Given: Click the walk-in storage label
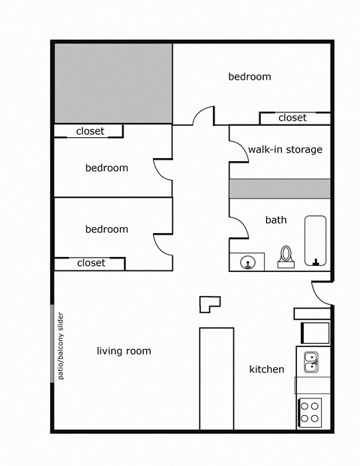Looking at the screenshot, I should coord(285,149).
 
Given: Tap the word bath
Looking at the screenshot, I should coord(276,220).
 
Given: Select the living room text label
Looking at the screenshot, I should coord(124,351).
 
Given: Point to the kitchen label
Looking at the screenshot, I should coord(266,369).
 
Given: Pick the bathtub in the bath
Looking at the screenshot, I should coord(316,240).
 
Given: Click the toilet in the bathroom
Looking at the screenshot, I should coord(286,256).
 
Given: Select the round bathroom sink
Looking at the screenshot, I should coord(247,262).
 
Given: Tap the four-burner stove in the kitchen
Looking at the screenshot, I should coord(310,412).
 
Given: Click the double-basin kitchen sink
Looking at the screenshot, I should coord(310,362).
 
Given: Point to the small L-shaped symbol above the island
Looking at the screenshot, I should coord(208,303).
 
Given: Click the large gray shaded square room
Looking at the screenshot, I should coord(113,83).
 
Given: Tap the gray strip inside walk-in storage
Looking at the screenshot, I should coord(280,188).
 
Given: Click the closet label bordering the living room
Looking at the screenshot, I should coord(91,263).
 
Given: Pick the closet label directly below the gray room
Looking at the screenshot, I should coord(90,131).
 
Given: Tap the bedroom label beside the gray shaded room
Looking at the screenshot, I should coord(250,76).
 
